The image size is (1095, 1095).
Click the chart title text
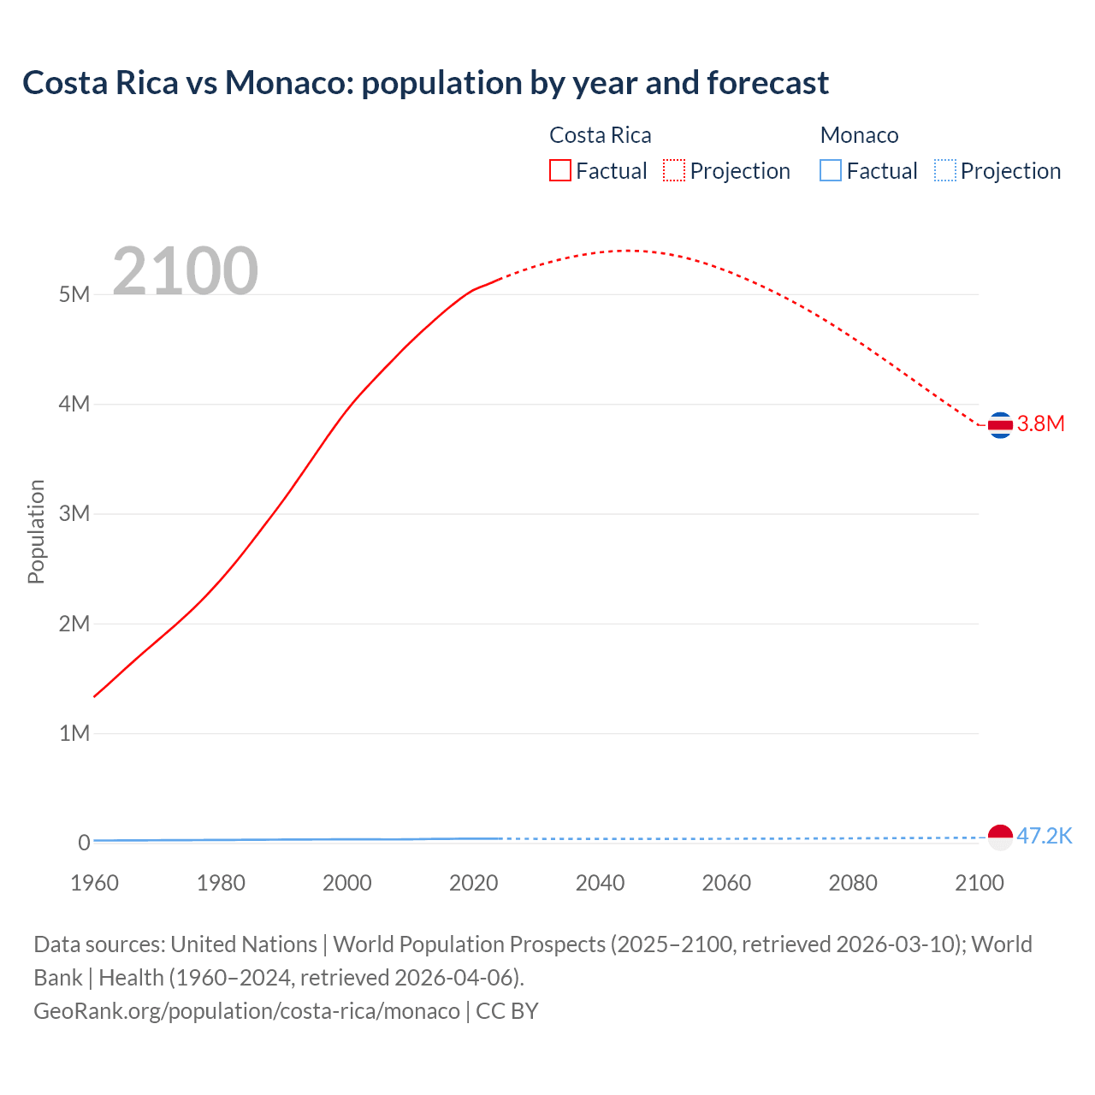[x=425, y=83]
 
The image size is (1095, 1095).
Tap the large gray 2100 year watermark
[x=185, y=271]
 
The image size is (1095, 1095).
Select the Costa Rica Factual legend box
[x=559, y=171]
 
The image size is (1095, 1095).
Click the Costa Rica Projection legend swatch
[x=674, y=171]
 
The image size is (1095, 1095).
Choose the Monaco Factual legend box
[x=831, y=171]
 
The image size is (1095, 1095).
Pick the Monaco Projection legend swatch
[x=944, y=171]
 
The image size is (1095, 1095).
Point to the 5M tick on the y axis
[x=74, y=295]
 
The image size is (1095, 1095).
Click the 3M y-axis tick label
[x=74, y=514]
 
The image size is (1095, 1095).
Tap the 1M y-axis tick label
[x=74, y=734]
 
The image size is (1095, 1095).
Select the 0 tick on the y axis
[x=84, y=843]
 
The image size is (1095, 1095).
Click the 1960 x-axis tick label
[x=94, y=883]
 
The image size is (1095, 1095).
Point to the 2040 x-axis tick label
[x=600, y=883]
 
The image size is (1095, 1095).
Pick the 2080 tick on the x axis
[x=853, y=883]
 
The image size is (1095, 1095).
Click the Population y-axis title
[x=36, y=531]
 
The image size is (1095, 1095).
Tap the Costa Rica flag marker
[x=1000, y=424]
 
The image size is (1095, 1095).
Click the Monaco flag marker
[x=1000, y=837]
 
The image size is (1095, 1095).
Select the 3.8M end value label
[x=1040, y=424]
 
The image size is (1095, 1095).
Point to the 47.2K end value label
[x=1045, y=837]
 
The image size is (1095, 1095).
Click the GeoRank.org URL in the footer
[x=246, y=1011]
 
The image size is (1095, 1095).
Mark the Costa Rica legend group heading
[x=600, y=135]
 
